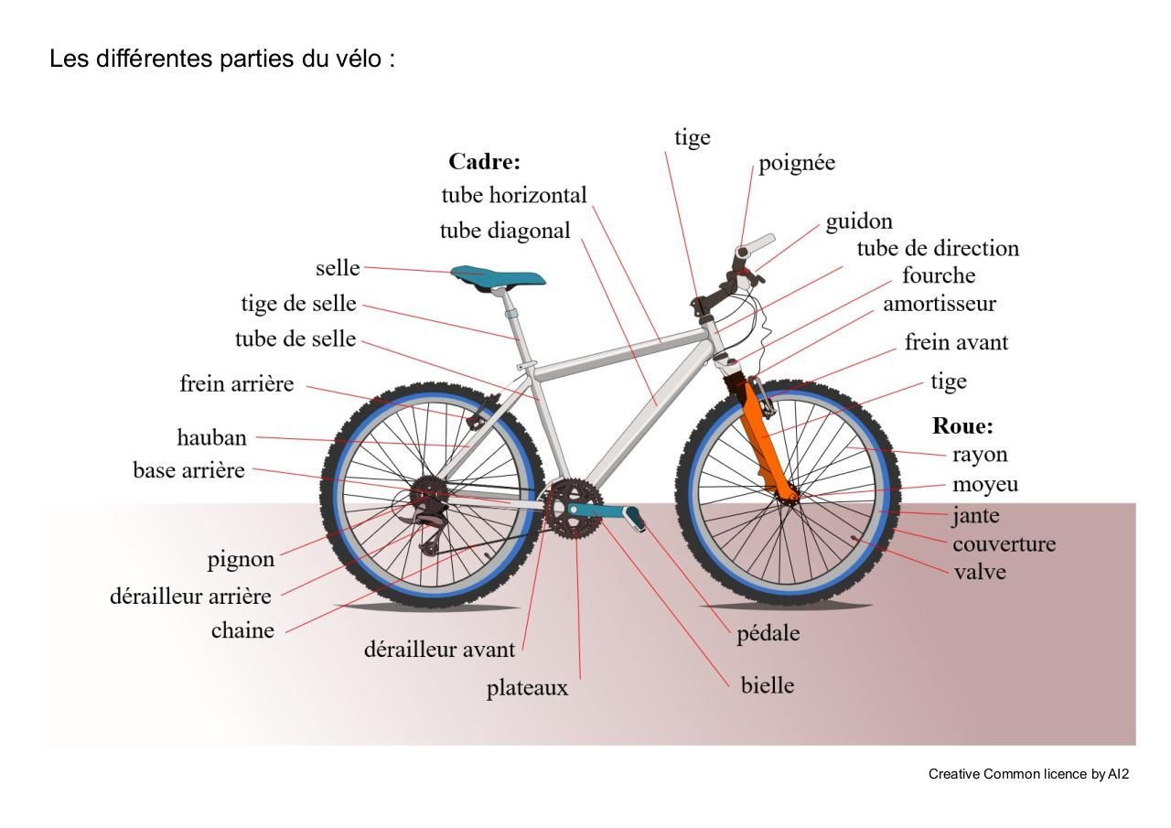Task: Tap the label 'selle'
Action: point(338,269)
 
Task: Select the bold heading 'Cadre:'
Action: point(484,162)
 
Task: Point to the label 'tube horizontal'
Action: point(514,195)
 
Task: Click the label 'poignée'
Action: point(797,163)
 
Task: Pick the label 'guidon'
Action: point(859,221)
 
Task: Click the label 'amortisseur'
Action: point(939,303)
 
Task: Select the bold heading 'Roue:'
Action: point(962,425)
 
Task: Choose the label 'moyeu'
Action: point(985,484)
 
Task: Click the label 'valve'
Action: point(979,572)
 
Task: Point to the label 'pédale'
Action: point(768,633)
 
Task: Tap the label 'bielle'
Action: point(768,685)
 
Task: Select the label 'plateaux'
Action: point(527,688)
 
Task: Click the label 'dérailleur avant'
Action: point(439,650)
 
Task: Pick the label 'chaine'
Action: point(242,630)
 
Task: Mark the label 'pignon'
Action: point(241,559)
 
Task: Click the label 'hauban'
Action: point(211,437)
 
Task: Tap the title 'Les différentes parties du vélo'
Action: point(222,59)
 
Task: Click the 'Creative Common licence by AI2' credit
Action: point(1028,774)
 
